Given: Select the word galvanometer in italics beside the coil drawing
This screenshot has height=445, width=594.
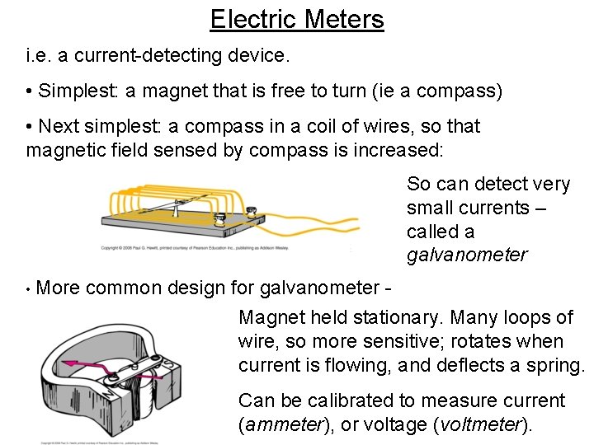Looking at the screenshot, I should (x=466, y=255).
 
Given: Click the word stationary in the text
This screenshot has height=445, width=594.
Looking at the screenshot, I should (x=397, y=317).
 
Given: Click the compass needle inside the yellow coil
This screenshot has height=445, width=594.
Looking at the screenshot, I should (x=177, y=202).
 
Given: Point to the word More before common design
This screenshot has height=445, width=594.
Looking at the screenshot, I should (x=59, y=288).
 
